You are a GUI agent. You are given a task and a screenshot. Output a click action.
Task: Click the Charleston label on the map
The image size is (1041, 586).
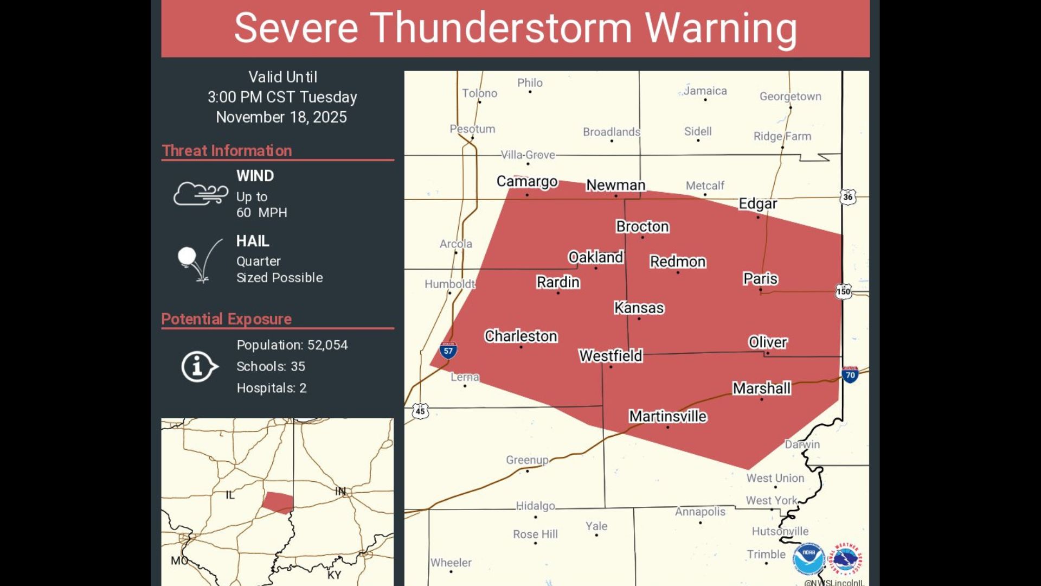coord(520,336)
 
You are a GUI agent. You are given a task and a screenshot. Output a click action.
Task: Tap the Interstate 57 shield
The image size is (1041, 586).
coord(448,351)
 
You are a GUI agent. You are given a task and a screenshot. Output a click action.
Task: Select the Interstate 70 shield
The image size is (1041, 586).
coord(850,374)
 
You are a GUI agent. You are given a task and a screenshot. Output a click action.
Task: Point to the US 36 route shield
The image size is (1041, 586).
coord(847,196)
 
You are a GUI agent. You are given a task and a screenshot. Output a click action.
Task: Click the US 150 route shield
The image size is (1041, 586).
coord(843,291)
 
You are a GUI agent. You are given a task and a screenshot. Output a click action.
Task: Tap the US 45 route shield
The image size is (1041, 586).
coord(420,411)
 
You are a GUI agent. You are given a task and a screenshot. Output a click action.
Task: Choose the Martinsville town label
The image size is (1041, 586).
coord(667,416)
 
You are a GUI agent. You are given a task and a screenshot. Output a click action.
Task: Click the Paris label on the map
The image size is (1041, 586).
coord(760,278)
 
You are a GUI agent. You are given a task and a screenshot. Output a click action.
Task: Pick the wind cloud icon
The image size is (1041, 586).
coord(200,193)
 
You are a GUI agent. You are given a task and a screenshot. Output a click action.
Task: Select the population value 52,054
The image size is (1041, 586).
coord(327,345)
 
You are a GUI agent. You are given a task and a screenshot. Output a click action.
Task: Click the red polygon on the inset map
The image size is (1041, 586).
coord(278,502)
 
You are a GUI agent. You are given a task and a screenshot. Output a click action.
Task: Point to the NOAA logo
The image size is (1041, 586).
coord(808,559)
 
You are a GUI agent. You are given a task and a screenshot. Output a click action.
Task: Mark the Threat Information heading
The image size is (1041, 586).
coord(227,150)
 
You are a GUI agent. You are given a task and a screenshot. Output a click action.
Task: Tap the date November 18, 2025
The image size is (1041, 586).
coord(281,117)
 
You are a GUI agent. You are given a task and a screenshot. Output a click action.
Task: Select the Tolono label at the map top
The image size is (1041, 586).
coord(479,93)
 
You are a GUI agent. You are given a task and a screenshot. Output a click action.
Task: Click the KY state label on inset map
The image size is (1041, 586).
coord(334,575)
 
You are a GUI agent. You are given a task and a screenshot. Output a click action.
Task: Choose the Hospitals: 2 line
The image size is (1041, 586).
coord(271,388)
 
